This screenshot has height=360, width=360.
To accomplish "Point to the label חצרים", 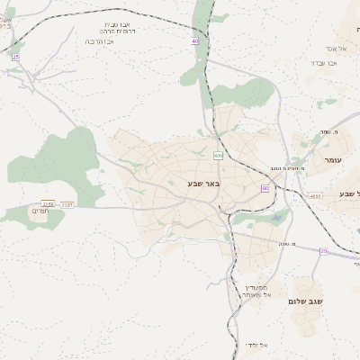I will click(40, 211).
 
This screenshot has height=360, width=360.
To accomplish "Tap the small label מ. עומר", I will click(328, 132).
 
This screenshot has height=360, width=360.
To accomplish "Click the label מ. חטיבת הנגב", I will click(289, 167).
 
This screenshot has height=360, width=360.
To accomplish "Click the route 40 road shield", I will click(194, 40).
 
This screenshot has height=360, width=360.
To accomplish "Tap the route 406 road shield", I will click(219, 157).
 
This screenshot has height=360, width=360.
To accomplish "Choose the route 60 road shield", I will click(265, 187).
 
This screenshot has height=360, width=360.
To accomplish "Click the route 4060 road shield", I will click(314, 195).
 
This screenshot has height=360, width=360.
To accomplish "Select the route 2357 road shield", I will click(67, 205).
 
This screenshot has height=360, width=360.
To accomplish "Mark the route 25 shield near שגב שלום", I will click(323, 251).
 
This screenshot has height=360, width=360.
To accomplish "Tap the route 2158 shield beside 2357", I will click(48, 203).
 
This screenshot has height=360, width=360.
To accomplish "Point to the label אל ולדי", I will click(256, 345).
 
